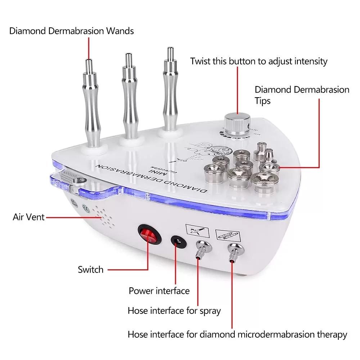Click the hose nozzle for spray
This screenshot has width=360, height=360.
[x=199, y=250]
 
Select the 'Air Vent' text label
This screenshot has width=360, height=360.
[x=28, y=217]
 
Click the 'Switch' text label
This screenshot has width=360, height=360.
[x=90, y=270]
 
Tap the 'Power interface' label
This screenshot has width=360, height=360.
[x=159, y=291]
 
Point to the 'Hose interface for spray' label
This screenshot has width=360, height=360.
[x=174, y=310]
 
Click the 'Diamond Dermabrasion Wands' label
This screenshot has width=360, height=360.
[x=71, y=31]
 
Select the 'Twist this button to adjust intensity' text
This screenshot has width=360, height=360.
[x=259, y=61]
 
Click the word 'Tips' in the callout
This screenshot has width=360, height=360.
[x=262, y=101]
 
